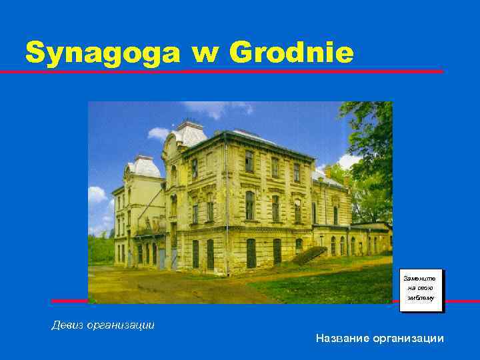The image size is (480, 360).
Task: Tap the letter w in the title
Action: [x=203, y=53]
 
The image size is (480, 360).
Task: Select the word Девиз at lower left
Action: [x=69, y=325]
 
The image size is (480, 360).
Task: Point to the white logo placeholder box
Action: [x=421, y=289]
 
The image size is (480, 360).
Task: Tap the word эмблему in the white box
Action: [x=421, y=298]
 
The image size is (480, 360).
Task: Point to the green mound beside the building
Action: [x=309, y=255]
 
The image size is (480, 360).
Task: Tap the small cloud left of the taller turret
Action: [x=159, y=133]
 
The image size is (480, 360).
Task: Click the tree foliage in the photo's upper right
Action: [x=370, y=133]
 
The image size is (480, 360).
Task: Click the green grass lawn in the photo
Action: [x=320, y=287]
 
